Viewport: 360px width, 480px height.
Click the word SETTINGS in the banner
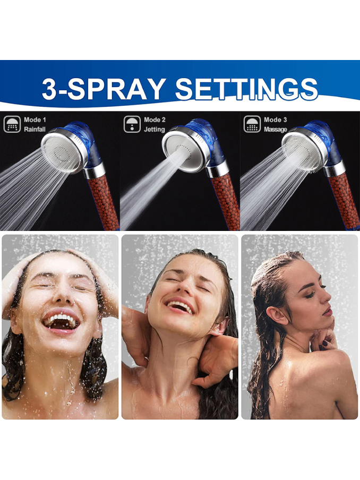tap(246, 89)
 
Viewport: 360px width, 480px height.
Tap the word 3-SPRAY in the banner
tap(104, 89)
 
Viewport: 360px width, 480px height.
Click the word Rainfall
tap(35, 129)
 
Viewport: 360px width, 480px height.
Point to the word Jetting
tap(155, 129)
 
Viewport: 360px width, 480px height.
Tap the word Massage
tap(276, 130)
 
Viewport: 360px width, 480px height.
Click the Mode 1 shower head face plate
tap(61, 151)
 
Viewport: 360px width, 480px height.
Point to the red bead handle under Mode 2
tap(226, 202)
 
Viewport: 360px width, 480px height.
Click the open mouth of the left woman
tap(62, 322)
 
